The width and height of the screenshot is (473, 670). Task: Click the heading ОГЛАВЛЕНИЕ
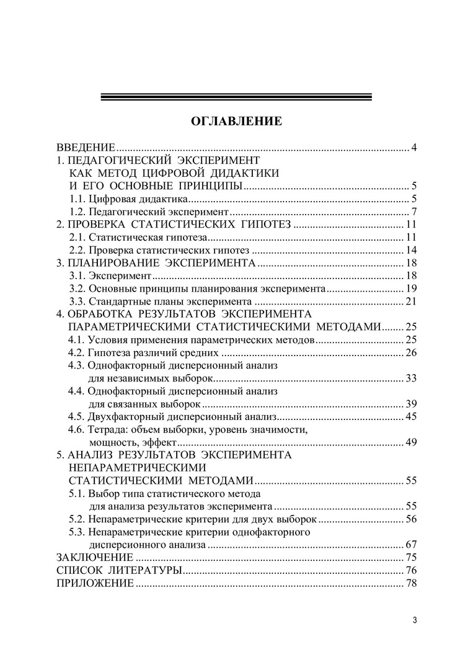[x=236, y=121]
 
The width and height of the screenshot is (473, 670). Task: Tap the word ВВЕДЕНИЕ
[x=86, y=148]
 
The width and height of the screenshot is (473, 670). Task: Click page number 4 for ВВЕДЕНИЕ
[x=413, y=148]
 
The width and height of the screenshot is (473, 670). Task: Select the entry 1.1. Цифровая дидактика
[x=128, y=199]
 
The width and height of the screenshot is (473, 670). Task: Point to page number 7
[x=413, y=212]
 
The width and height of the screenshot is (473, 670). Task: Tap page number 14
[x=410, y=251]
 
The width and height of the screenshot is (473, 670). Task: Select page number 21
[x=410, y=302]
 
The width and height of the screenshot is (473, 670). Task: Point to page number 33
[x=410, y=378]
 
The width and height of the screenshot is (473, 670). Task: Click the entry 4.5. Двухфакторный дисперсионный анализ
[x=171, y=417]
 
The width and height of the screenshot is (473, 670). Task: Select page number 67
[x=410, y=545]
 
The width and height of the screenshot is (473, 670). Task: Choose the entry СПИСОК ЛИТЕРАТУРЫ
[x=119, y=571]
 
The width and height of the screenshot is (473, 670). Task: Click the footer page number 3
[x=414, y=620]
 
